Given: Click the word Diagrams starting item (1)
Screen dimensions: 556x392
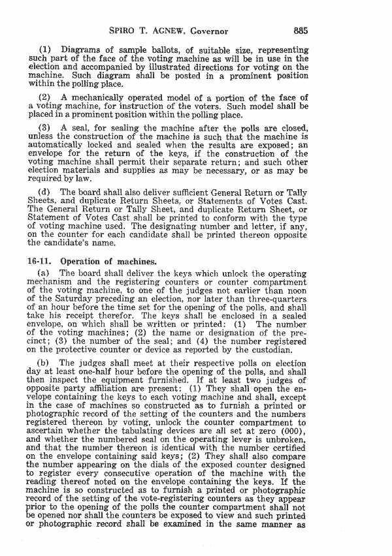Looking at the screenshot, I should pos(82,50).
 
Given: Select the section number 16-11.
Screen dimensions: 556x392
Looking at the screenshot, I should pos(40,261).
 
